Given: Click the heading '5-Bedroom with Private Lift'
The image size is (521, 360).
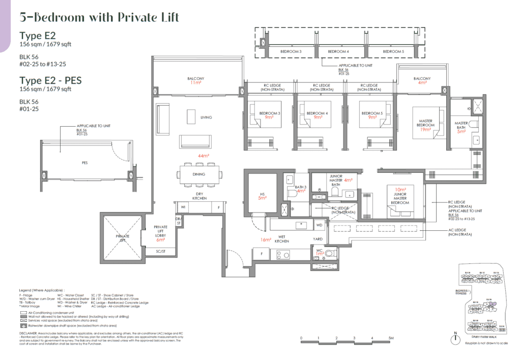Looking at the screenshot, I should (x=99, y=17).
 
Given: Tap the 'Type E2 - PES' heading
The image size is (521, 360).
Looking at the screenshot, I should (x=50, y=80).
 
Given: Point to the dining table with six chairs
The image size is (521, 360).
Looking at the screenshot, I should (x=199, y=174).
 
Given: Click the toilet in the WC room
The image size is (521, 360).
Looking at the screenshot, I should (x=330, y=253).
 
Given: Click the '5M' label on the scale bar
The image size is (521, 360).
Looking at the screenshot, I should (x=390, y=338).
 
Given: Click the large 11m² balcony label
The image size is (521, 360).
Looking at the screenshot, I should (x=196, y=81).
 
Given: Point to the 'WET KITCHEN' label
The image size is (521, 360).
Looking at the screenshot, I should (x=282, y=241).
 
